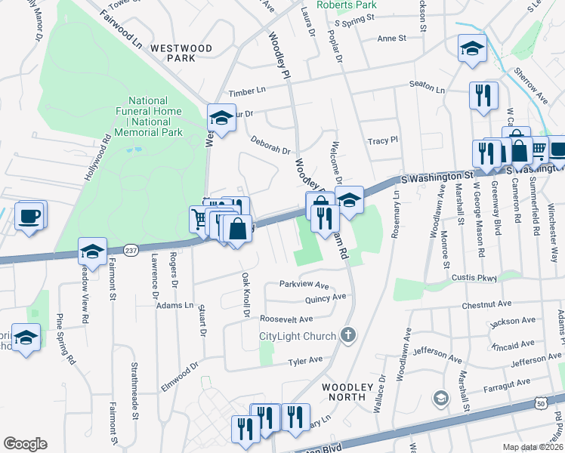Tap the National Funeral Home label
tap(155, 116)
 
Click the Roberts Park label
tap(346, 5)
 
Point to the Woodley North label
tap(348, 392)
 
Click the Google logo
tap(25, 444)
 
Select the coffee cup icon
tap(29, 217)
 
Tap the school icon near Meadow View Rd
tap(92, 252)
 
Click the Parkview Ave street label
tap(304, 285)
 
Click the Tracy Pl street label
tap(382, 141)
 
